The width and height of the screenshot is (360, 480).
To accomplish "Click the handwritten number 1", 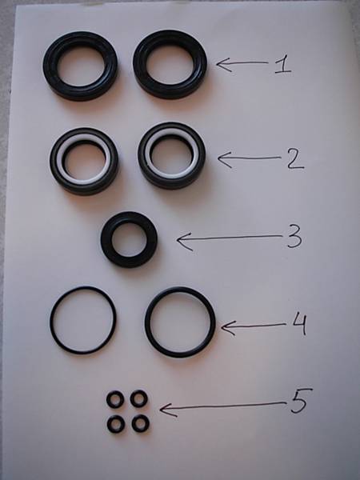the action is (x=283, y=64).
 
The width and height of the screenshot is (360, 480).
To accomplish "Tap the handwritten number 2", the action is (x=295, y=159).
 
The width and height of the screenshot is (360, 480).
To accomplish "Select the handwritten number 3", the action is (x=294, y=237).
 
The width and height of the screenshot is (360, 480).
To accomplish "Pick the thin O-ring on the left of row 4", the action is (x=51, y=320).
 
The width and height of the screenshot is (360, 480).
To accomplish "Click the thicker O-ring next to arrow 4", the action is (x=147, y=322).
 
